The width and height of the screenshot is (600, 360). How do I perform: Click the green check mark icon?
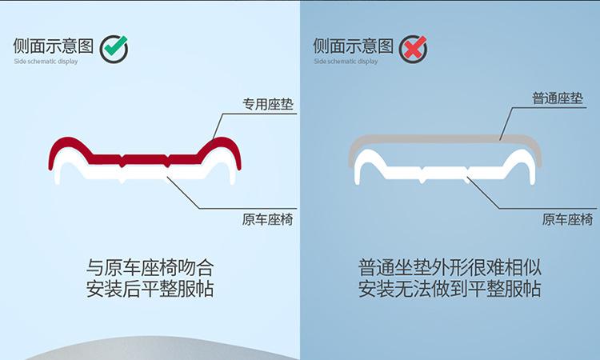click(x=114, y=48)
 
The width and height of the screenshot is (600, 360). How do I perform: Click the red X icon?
click(x=414, y=49)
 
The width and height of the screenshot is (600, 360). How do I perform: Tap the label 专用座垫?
click(x=267, y=104)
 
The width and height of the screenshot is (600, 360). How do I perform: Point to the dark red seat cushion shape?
click(x=144, y=157)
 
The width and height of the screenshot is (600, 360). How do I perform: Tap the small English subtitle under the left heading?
click(x=46, y=61)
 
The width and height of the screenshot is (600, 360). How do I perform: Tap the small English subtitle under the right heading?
click(x=346, y=61)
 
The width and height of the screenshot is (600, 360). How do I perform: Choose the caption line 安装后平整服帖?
click(x=150, y=289)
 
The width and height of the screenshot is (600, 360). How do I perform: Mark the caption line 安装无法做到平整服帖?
click(x=450, y=289)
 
